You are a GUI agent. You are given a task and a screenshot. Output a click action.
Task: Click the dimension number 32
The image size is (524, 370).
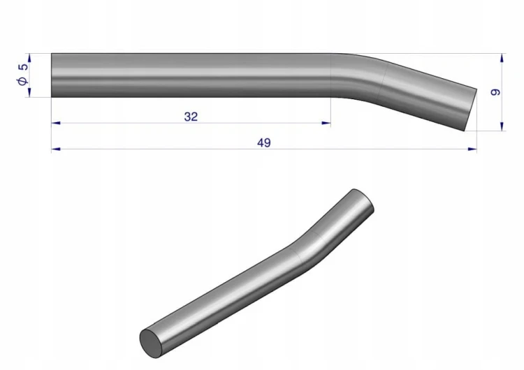coord(191,117)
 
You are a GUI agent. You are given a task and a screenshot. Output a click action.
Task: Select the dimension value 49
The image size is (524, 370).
coord(263,142)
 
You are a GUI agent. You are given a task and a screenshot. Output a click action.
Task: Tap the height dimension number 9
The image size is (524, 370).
coord(495,92)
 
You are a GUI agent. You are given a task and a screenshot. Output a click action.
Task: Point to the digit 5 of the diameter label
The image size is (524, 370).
coord(23,67)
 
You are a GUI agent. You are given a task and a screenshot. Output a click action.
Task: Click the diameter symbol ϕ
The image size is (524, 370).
coord(22,80)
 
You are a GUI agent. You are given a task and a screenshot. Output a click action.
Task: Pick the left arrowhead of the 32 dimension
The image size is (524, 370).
coord(56,124)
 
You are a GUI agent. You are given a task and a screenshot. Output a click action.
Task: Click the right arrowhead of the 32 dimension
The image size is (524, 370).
coord(326,124)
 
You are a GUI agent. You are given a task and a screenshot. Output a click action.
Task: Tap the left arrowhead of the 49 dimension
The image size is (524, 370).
coord(56,149)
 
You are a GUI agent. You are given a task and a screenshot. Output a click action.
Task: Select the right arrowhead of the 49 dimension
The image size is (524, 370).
coord(472,149)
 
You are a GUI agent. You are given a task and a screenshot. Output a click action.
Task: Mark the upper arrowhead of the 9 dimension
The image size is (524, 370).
coord(502,58)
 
